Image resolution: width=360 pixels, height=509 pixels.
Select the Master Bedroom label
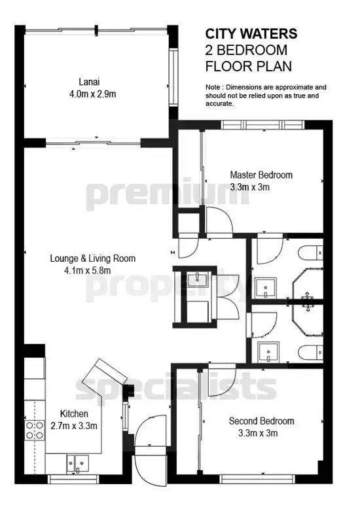[261, 175]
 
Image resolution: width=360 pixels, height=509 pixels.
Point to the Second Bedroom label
[261, 421]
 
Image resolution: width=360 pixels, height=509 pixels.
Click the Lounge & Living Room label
[93, 258]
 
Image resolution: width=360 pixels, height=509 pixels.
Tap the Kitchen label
[74, 414]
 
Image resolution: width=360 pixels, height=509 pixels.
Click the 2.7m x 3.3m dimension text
[74, 426]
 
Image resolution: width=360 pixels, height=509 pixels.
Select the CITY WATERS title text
[251, 33]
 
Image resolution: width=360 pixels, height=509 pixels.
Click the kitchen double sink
[75, 461]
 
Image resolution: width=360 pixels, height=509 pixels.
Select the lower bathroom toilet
[309, 349]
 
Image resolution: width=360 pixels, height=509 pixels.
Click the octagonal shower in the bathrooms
[307, 300]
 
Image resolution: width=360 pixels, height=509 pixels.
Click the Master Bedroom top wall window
[249, 125]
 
